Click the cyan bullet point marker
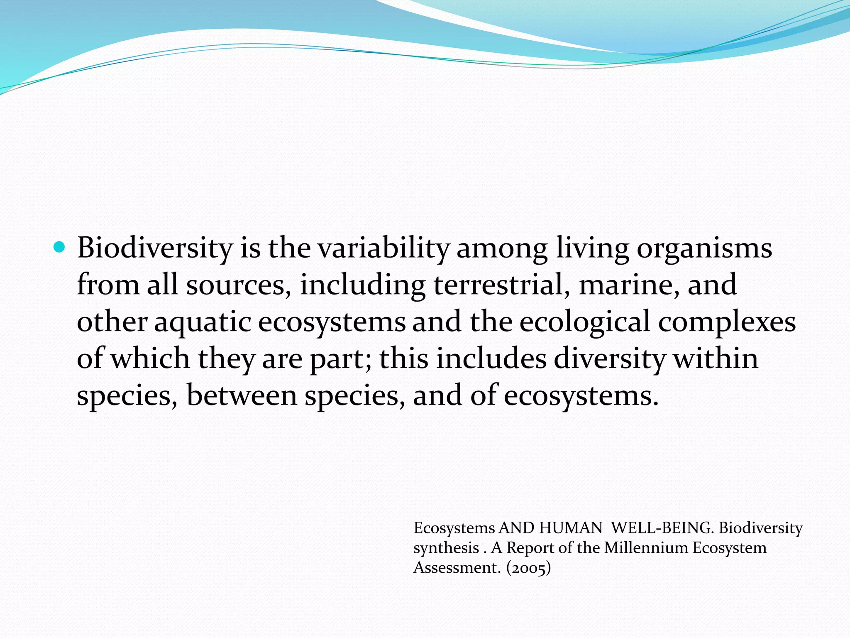click(x=60, y=248)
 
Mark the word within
click(x=716, y=358)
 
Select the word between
click(x=242, y=395)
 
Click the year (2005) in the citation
click(x=528, y=567)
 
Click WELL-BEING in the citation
click(x=662, y=528)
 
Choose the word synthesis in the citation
click(x=446, y=548)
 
